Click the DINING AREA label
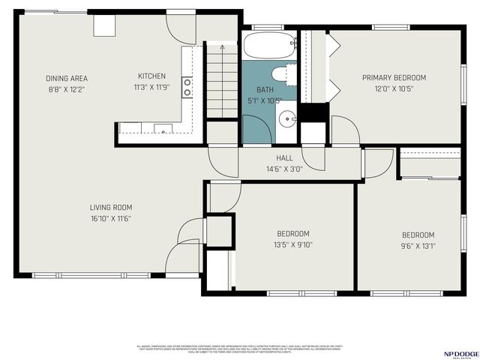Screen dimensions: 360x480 pyautogui.click(x=67, y=78)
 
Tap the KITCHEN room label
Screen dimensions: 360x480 pyautogui.click(x=151, y=76)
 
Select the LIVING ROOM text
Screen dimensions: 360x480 pyautogui.click(x=111, y=208)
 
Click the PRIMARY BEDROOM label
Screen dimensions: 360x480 pyautogui.click(x=394, y=78)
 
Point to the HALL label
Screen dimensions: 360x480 pyautogui.click(x=284, y=158)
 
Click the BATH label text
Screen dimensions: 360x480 pyautogui.click(x=265, y=89)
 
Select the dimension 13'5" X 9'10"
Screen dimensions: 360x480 pyautogui.click(x=292, y=244)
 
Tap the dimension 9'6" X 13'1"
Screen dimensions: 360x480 pyautogui.click(x=418, y=245)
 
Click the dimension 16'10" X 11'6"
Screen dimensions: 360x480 pyautogui.click(x=111, y=218)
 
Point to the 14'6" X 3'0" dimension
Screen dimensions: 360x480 pyautogui.click(x=284, y=169)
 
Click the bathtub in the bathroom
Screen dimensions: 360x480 pyautogui.click(x=269, y=46)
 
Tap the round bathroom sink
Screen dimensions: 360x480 pyautogui.click(x=286, y=118)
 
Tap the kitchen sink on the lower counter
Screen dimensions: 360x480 pyautogui.click(x=162, y=128)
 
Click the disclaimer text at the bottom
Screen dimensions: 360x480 pyautogui.click(x=240, y=349)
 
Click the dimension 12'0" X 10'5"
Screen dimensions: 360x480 pyautogui.click(x=394, y=88)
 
